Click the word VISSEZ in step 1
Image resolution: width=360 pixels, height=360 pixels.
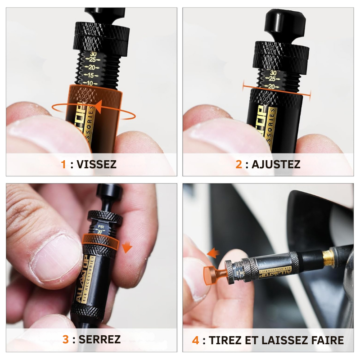(96, 164)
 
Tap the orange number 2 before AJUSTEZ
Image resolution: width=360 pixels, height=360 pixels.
(238, 164)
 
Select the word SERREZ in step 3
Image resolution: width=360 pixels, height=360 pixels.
(99, 339)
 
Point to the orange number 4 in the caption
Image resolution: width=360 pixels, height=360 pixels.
(195, 340)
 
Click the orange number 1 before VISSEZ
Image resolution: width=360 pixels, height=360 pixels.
(63, 164)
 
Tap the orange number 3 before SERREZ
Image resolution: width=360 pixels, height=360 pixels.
(66, 339)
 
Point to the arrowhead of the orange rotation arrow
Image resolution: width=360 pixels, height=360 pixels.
(96, 108)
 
